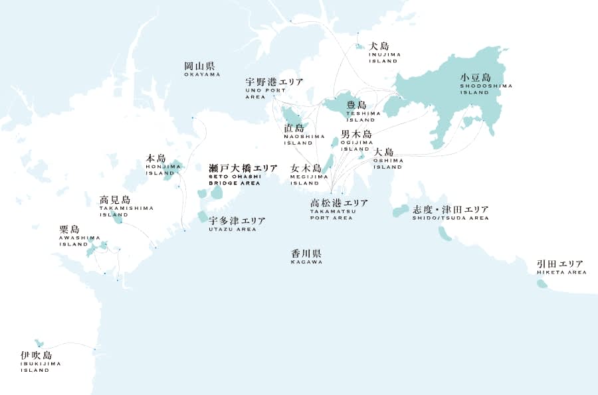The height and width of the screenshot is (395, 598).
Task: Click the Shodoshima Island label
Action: [476, 84]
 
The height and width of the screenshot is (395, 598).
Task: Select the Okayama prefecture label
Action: [201, 70]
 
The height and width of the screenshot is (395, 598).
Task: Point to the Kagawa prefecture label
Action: [306, 257]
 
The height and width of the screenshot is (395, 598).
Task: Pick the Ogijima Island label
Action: [356, 139]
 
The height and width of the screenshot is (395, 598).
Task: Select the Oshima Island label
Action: [386, 157]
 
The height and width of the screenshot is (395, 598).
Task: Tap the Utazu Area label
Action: [237, 224]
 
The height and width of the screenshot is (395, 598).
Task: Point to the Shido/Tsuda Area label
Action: [450, 212]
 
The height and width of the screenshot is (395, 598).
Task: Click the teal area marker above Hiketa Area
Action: [542, 284]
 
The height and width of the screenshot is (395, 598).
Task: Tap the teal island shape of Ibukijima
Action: [40, 343]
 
